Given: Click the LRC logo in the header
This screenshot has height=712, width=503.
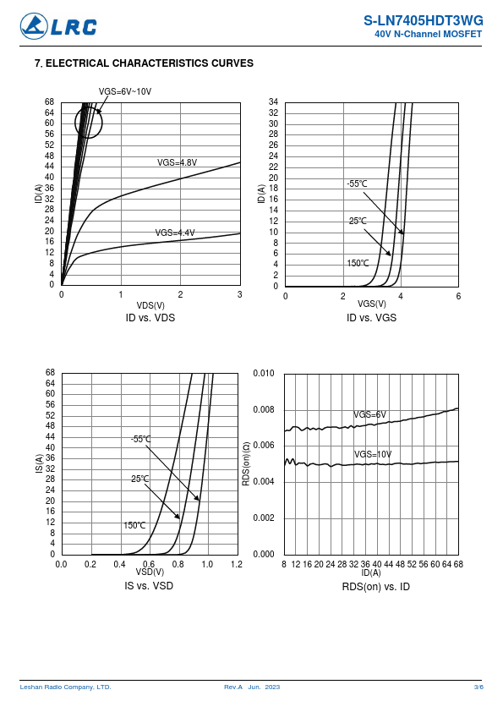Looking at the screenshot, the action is [x=58, y=26].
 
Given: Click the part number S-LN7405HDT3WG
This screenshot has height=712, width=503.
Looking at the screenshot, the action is [x=423, y=20].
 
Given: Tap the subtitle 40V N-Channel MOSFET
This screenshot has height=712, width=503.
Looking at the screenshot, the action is [x=428, y=34].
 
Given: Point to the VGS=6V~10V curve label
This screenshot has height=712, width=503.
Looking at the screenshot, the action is [x=125, y=91].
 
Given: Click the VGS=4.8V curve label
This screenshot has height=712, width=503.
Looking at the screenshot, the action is [x=177, y=162].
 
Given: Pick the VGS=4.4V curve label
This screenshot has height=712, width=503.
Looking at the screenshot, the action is [x=175, y=233].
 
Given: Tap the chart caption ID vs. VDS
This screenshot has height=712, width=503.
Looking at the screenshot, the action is [x=150, y=317].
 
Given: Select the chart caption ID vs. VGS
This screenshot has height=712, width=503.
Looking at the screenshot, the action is [x=371, y=317].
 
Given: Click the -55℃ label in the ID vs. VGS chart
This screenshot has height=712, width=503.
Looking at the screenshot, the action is [x=357, y=183].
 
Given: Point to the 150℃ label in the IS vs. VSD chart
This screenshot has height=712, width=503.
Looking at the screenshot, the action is [x=134, y=525].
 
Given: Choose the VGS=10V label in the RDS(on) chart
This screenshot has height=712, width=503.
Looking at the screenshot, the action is [x=373, y=455].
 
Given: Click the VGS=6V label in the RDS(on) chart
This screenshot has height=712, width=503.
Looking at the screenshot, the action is [x=370, y=414].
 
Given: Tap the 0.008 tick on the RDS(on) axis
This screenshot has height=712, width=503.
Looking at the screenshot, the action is [x=264, y=409].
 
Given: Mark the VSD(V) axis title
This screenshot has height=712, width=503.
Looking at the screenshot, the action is [x=150, y=572].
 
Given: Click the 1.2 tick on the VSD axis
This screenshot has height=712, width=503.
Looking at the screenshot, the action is [x=237, y=564].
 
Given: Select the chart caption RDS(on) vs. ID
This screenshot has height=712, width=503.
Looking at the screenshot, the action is [x=376, y=587].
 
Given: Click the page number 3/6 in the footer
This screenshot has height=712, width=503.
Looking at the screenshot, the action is [x=478, y=687].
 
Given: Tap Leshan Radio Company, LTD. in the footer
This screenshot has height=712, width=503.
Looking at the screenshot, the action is [x=65, y=687].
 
